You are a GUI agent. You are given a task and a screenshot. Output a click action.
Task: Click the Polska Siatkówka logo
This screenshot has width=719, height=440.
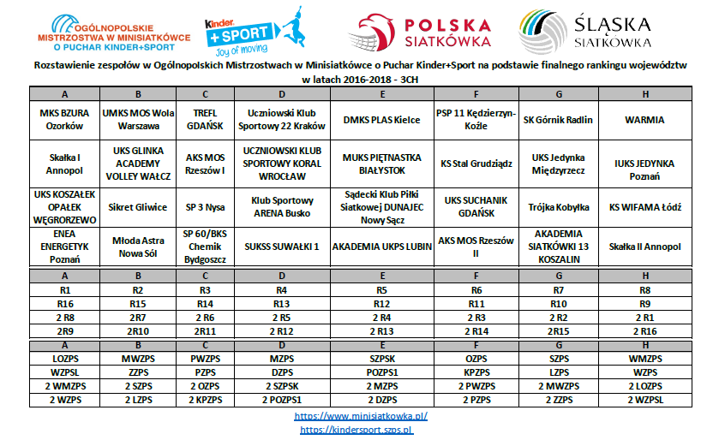pos(423,32)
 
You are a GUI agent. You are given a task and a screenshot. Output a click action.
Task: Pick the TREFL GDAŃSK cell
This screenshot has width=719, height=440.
pos(205,120)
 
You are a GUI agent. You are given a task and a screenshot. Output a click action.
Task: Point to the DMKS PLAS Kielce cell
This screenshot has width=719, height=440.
pos(381,120)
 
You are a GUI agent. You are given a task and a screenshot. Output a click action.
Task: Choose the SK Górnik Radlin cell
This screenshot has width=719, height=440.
pos(558,120)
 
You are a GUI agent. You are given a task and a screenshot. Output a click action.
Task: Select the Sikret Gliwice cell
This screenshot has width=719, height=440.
pos(138,206)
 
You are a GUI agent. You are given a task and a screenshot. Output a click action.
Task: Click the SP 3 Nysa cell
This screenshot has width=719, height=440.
pos(205,206)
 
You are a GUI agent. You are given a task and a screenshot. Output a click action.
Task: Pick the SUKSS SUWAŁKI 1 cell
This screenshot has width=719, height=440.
pos(281,247)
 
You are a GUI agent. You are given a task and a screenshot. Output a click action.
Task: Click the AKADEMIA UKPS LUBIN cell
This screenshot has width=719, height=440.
pos(381,247)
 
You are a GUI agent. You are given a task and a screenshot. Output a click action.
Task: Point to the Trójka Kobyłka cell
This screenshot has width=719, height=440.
pos(558,206)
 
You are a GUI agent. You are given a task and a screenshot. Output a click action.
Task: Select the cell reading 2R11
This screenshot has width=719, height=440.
pos(205,330)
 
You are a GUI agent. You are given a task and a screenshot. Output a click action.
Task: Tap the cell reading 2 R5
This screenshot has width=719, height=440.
pos(281,318)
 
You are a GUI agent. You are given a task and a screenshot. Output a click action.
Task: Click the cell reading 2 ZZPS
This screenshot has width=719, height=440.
pos(558,400)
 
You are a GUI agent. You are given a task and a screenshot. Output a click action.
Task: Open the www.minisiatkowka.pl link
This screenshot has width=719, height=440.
pos(360,416)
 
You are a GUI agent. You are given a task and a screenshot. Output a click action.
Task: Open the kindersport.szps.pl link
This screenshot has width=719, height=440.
pos(360,430)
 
